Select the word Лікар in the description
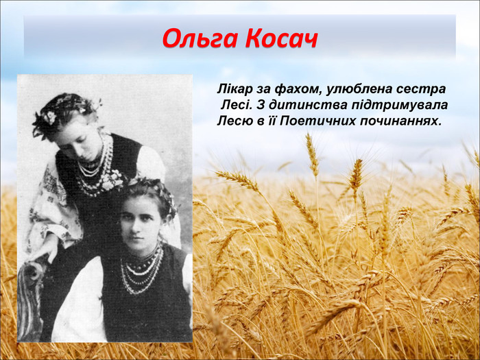pos(233,90)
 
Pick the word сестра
pos(422,90)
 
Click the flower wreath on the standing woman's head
pos(65,110)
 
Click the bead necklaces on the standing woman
pos(93,168)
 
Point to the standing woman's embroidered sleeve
pos(48,206)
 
